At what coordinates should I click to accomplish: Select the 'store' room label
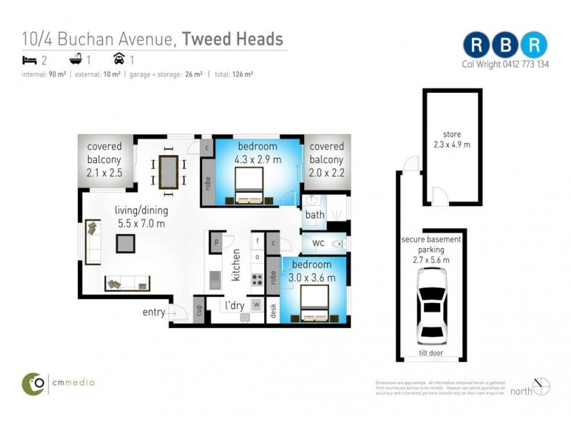[452, 134]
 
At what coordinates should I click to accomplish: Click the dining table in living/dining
[169, 172]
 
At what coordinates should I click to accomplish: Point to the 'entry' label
[153, 312]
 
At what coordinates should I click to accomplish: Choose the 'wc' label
[318, 243]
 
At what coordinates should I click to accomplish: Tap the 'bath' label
[314, 214]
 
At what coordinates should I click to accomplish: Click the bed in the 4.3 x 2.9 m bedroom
[248, 186]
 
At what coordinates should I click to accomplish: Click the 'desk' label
[273, 310]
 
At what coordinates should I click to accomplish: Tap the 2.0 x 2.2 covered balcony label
[326, 159]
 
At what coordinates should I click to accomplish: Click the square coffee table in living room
[126, 244]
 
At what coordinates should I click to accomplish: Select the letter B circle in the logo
[505, 44]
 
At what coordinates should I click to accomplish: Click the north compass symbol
[542, 386]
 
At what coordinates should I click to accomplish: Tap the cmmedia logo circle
[33, 383]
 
